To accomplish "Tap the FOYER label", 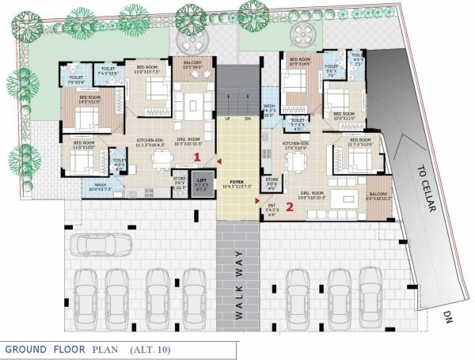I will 237,181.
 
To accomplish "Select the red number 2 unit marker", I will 290,207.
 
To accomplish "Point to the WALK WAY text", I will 238,283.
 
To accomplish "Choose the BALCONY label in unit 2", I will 378,192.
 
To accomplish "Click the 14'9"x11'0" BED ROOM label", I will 89,99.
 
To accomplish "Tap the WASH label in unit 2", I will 269,106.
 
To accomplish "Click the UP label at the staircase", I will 227,118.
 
